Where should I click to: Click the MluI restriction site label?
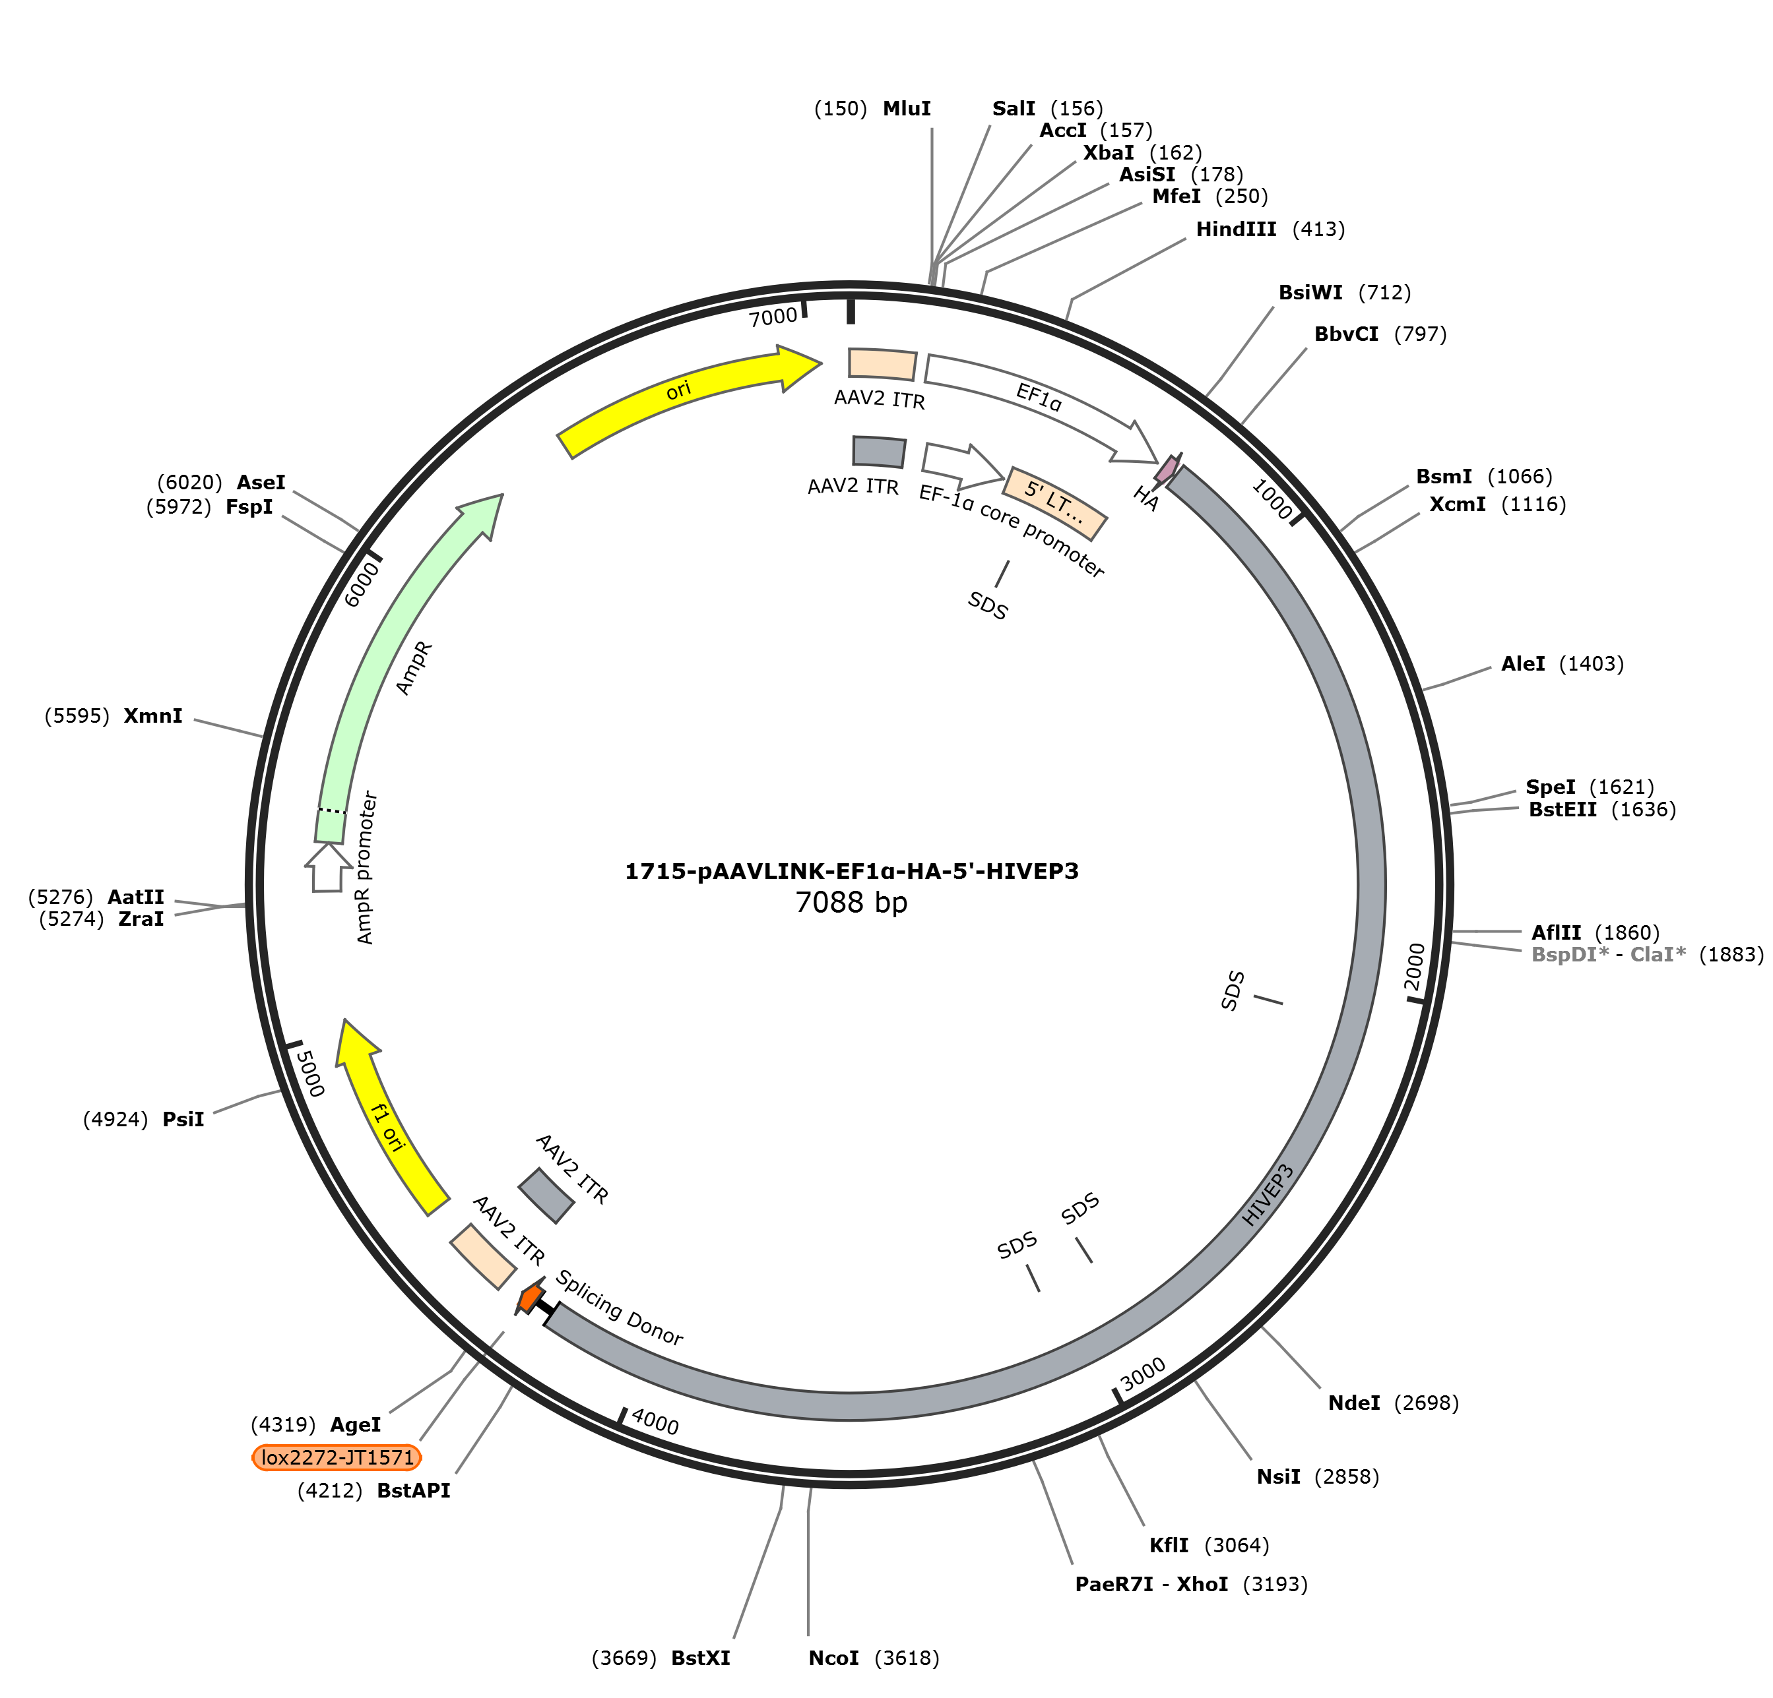tap(907, 109)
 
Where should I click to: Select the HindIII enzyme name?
tap(1236, 229)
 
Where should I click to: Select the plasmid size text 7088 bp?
tap(851, 902)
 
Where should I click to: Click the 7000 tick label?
tap(773, 317)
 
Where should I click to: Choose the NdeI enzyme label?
tap(1353, 1403)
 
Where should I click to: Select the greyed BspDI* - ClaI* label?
tap(1608, 955)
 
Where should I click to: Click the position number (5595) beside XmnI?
tap(77, 717)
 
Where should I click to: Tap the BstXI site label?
tap(700, 1658)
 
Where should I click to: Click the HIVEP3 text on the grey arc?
tap(1268, 1196)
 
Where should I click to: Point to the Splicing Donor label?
tap(619, 1308)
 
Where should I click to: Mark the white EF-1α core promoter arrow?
tap(963, 463)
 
